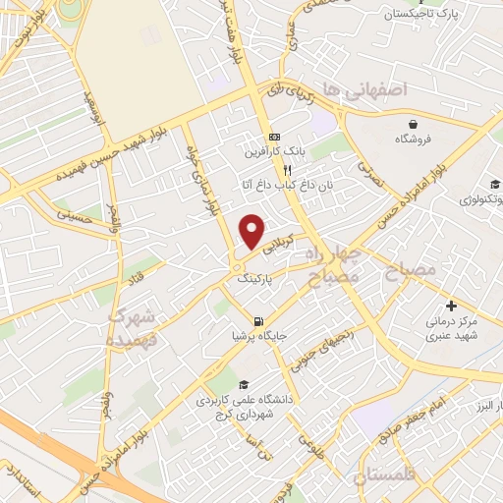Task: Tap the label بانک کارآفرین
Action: pos(275,152)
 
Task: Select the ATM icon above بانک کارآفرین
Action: pos(275,137)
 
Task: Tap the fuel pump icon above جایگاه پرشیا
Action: pos(258,320)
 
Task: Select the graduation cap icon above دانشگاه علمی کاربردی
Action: pos(243,384)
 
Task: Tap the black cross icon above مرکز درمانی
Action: pos(451,307)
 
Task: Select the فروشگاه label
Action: pos(416,140)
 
